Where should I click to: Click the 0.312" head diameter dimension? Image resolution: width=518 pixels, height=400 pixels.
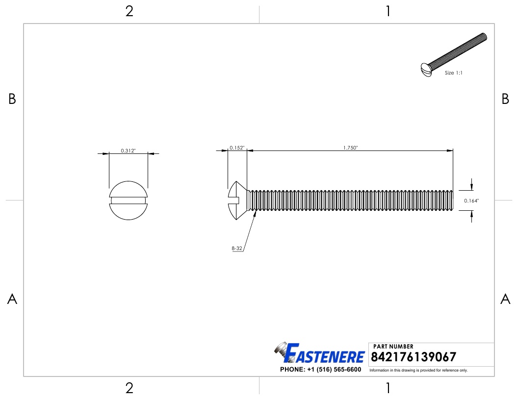point(128,151)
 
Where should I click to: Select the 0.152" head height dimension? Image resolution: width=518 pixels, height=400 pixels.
point(237,148)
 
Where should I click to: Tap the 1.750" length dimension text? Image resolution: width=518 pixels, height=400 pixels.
point(350,148)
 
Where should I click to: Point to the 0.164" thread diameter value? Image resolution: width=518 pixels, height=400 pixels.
point(471,200)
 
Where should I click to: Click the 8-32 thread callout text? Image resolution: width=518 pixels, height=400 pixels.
point(237,249)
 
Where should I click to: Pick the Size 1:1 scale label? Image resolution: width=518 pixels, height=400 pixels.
point(454,73)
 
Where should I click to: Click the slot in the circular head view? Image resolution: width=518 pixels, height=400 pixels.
point(128,200)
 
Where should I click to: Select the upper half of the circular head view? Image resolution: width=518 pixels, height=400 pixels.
point(128,188)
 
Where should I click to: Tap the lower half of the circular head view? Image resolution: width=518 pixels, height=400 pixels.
point(128,211)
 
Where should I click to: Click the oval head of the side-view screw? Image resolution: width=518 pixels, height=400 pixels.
point(237,200)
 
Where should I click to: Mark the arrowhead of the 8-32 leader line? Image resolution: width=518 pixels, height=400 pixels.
point(255,214)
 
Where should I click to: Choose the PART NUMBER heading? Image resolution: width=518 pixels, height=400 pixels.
point(393,347)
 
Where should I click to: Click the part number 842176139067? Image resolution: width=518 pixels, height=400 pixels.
point(414,357)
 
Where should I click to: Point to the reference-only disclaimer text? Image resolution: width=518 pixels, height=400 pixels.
point(418,370)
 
